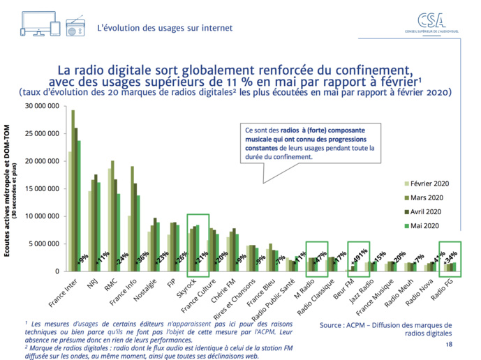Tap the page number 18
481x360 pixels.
tap(449, 345)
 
